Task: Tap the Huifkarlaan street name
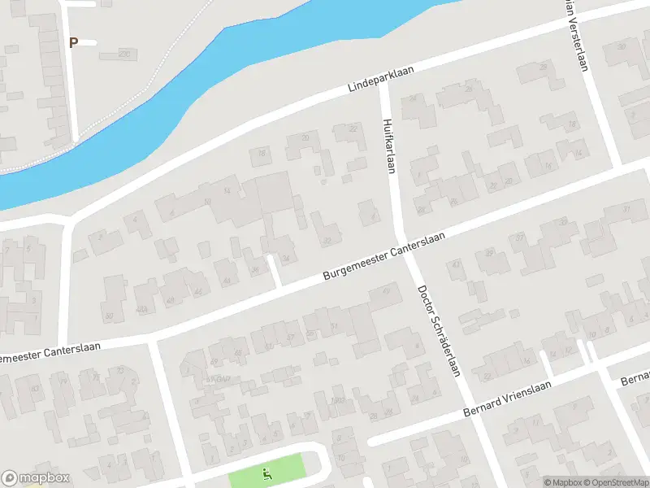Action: click(x=388, y=146)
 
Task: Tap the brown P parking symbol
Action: click(x=73, y=42)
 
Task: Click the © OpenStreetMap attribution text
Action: click(x=618, y=482)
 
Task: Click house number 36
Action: click(x=255, y=270)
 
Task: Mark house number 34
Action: click(x=286, y=259)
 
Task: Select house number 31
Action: click(x=626, y=209)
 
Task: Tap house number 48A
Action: click(x=142, y=309)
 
